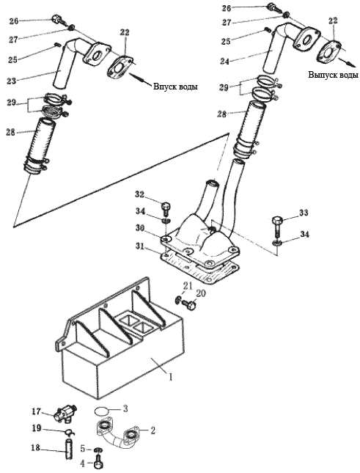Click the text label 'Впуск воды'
coord(175,87)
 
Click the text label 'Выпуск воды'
coord(333,75)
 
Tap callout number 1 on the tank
coord(170,377)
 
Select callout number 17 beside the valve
coord(37,411)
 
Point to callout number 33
coord(304,213)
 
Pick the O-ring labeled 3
coord(102,411)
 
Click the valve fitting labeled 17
coord(65,414)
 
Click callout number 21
coord(188,286)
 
